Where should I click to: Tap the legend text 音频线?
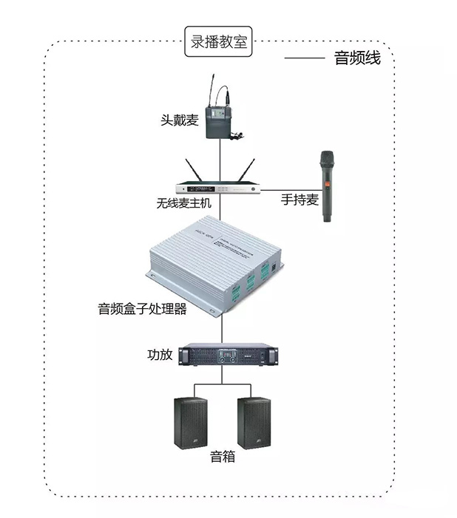tap(358, 58)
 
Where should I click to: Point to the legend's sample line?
tap(305, 58)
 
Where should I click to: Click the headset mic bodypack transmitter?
tap(221, 115)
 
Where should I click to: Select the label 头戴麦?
tap(180, 120)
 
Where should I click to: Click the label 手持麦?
tap(299, 199)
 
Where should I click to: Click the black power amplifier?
tap(230, 355)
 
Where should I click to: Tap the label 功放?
tap(160, 355)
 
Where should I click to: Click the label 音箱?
tap(222, 457)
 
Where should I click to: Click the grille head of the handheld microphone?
tap(326, 160)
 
